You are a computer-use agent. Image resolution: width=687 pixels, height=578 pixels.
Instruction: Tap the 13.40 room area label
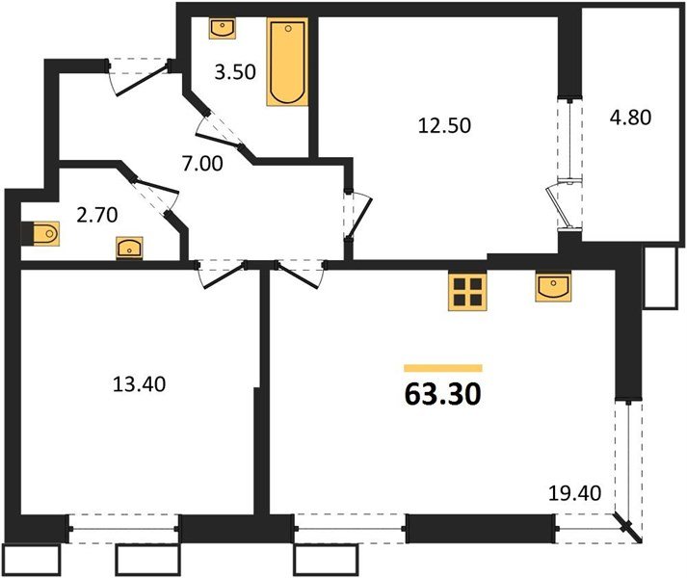140,386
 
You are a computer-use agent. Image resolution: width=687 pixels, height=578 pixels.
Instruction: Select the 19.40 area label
574,494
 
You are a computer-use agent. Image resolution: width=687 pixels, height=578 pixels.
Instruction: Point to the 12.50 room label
444,124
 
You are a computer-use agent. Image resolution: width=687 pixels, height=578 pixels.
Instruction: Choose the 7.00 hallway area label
203,163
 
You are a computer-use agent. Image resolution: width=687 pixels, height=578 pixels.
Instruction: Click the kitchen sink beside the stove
555,286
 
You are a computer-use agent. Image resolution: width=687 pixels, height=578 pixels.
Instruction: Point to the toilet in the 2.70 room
45,233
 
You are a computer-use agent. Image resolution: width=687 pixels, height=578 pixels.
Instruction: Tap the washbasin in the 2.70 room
128,249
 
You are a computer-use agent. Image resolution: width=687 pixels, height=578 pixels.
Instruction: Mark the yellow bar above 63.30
442,367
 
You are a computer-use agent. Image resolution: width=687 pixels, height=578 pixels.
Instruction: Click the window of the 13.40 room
124,528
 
